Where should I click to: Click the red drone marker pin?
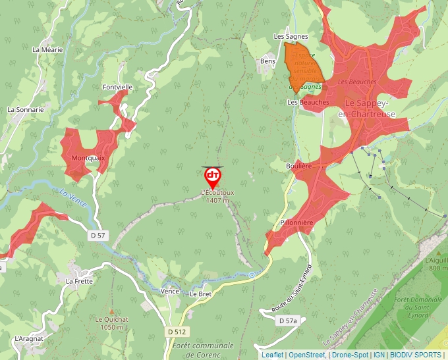tap(213, 176)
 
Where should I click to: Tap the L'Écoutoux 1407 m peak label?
tap(217, 196)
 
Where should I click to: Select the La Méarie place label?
tap(46, 49)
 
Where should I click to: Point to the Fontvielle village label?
tap(118, 87)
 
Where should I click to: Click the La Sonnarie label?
tap(26, 110)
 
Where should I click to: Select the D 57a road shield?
tap(288, 321)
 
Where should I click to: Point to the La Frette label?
tap(80, 280)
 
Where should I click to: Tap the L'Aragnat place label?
tap(28, 338)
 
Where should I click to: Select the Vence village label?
tap(170, 291)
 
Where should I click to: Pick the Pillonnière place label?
tap(296, 223)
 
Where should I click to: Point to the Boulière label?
tap(299, 167)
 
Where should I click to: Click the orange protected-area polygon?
tap(302, 63)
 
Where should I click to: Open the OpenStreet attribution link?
tap(308, 355)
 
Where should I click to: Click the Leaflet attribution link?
tap(273, 355)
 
